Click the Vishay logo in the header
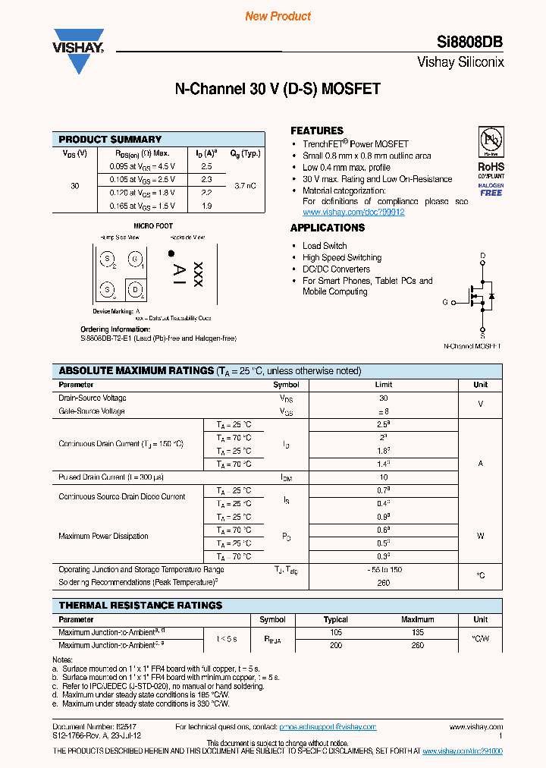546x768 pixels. point(77,50)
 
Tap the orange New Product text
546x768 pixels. point(278,16)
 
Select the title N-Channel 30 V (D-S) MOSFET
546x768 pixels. point(278,90)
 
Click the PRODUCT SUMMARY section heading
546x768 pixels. point(110,140)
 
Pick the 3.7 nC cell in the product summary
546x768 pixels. point(245,186)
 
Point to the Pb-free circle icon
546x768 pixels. point(491,141)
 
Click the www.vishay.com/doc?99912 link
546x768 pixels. point(353,212)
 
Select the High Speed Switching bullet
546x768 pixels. point(341,257)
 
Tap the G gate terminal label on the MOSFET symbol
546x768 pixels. point(445,302)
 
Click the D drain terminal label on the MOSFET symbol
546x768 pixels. point(482,256)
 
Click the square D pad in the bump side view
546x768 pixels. point(135,288)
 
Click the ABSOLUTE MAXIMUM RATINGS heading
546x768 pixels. point(136,371)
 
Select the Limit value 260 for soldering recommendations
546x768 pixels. point(383,583)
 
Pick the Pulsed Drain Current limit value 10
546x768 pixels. point(383,477)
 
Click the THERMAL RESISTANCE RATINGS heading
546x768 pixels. point(140,606)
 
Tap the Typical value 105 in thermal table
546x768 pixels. point(336,632)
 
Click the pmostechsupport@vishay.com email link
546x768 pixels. point(328,727)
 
